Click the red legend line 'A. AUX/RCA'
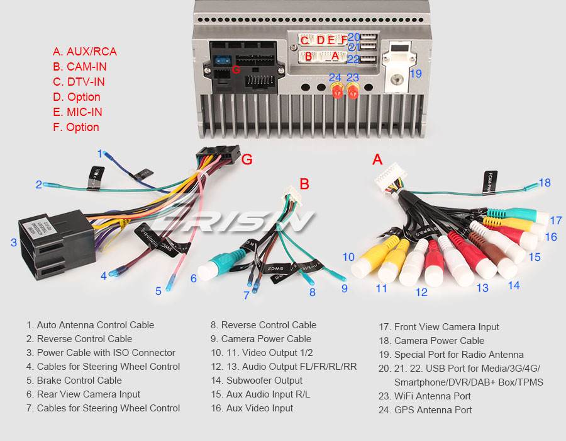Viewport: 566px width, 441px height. point(84,52)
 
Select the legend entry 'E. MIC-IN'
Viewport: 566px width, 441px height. point(77,112)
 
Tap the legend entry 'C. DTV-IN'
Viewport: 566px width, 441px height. point(79,82)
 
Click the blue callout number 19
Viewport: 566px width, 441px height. point(415,74)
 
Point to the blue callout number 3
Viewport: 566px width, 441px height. point(13,243)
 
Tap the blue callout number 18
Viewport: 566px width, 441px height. point(544,183)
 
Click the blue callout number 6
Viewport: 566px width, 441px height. point(194,278)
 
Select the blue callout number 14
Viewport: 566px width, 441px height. point(514,285)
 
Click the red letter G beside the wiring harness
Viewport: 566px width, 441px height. point(247,159)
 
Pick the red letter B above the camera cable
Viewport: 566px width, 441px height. point(304,184)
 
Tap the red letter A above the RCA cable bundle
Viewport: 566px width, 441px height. point(377,159)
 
